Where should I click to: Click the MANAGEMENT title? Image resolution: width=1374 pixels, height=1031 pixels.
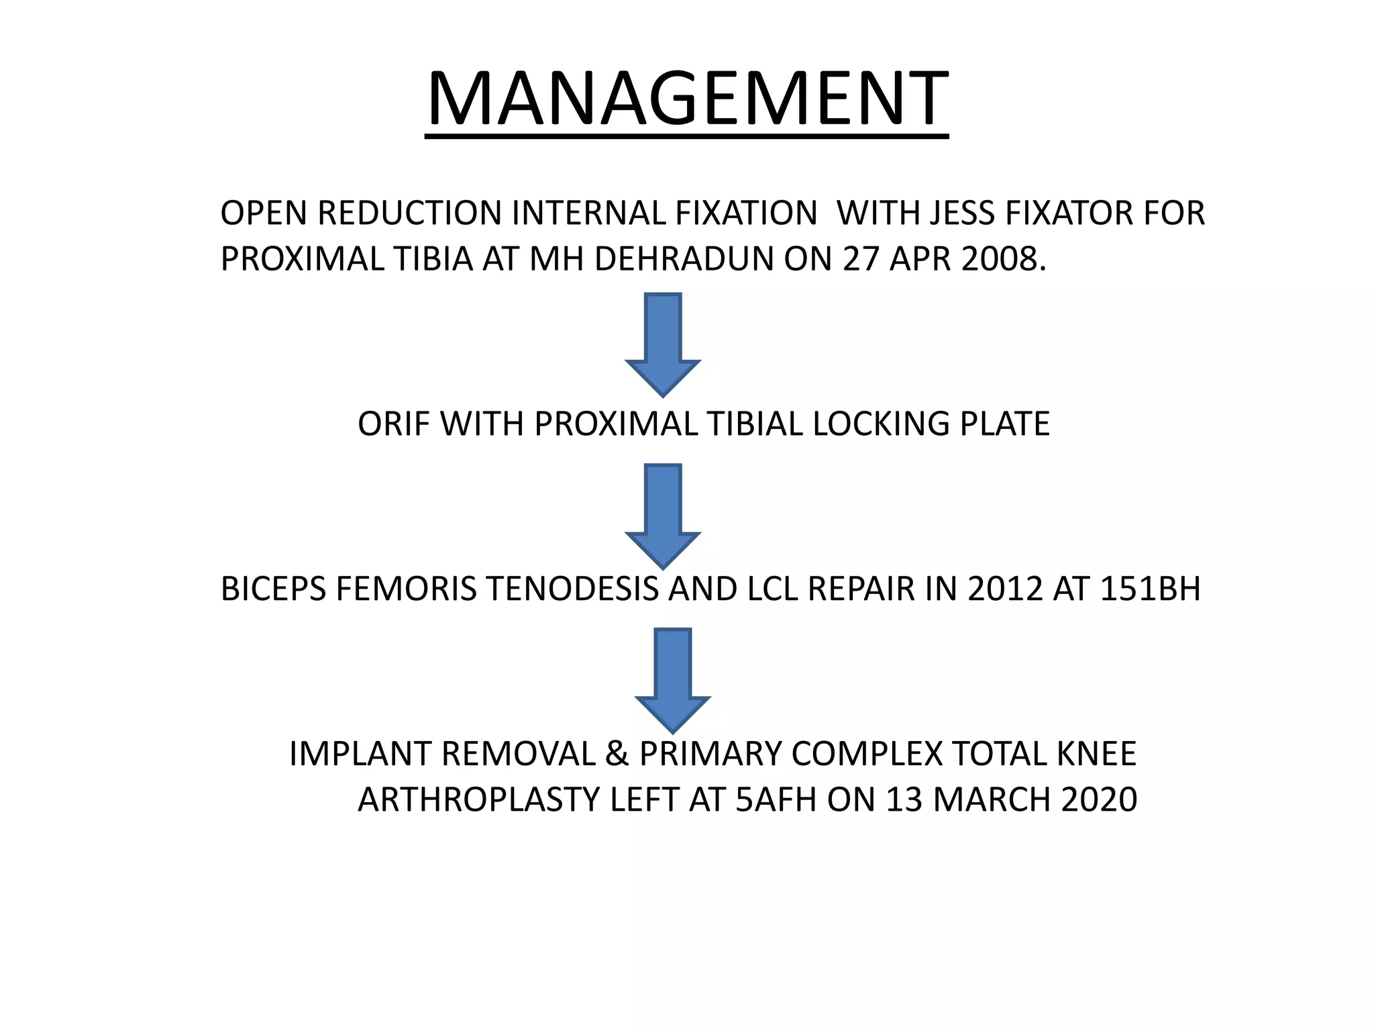pyautogui.click(x=687, y=99)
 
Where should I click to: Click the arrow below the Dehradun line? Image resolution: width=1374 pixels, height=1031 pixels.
pyautogui.click(x=663, y=344)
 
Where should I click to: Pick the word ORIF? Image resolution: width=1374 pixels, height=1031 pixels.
pyautogui.click(x=393, y=424)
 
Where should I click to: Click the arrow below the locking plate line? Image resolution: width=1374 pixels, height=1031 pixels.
pyautogui.click(x=663, y=515)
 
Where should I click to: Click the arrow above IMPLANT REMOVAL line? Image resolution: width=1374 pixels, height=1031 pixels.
pyautogui.click(x=672, y=679)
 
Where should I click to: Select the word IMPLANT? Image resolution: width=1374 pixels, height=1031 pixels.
pyautogui.click(x=359, y=754)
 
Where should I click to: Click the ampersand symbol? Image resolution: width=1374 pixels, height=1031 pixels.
pyautogui.click(x=617, y=754)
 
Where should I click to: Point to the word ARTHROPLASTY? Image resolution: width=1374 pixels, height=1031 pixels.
pyautogui.click(x=478, y=800)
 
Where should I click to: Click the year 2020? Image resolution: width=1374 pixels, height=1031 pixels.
pyautogui.click(x=1100, y=800)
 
